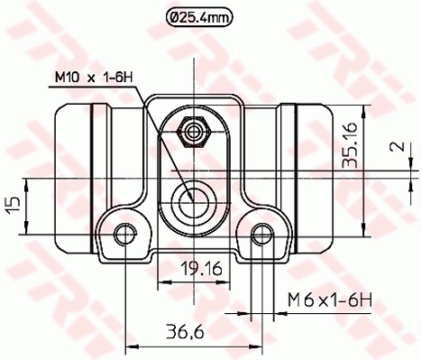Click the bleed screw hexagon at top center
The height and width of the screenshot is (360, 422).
tap(192, 131)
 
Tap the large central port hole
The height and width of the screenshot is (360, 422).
tap(192, 200)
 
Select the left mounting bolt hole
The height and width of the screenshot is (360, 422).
tap(123, 233)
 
